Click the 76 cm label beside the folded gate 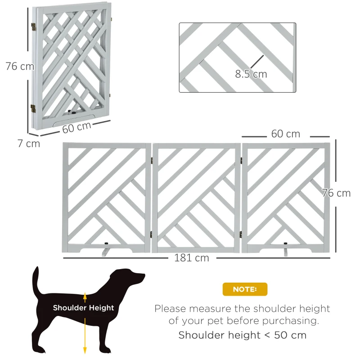[x=19, y=66]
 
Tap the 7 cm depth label [x=28, y=144]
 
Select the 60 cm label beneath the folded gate [x=76, y=127]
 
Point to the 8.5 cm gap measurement [x=251, y=74]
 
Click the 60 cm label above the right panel [x=285, y=134]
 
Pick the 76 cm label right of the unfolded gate [x=336, y=193]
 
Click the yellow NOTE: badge [x=245, y=289]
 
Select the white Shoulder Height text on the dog [x=83, y=308]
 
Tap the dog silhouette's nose [x=143, y=275]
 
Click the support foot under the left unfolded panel [x=105, y=250]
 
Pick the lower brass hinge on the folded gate [x=33, y=108]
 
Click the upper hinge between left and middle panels [x=152, y=160]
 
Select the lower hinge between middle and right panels [x=242, y=233]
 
